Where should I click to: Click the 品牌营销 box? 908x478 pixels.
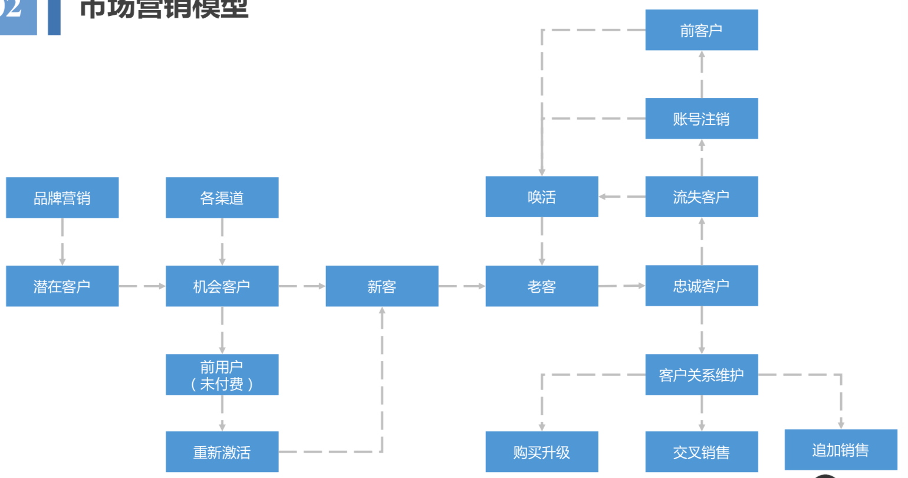[62, 198]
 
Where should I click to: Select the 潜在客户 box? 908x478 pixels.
[62, 286]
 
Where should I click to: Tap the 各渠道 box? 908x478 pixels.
[222, 198]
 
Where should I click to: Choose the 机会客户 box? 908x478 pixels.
[222, 286]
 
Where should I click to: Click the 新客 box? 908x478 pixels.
[381, 286]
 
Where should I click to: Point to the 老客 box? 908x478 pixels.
[541, 286]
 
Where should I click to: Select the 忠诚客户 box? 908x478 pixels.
[701, 286]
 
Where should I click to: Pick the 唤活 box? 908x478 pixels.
[541, 197]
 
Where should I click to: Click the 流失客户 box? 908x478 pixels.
[701, 197]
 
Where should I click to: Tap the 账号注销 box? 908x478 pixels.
[701, 119]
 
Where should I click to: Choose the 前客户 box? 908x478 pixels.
[701, 30]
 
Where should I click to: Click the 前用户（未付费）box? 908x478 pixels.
[222, 375]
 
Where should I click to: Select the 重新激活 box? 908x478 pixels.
[222, 452]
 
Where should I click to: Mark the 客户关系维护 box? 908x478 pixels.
[701, 375]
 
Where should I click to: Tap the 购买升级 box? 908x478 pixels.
[541, 452]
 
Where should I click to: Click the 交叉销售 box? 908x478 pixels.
[701, 452]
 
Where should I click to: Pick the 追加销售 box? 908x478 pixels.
[840, 450]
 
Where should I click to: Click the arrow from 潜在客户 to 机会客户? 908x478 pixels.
[142, 286]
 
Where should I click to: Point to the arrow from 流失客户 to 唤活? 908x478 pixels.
[621, 197]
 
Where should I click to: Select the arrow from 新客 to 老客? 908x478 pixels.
[462, 286]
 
